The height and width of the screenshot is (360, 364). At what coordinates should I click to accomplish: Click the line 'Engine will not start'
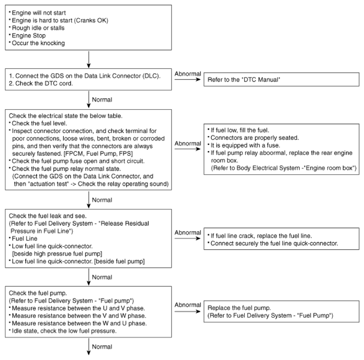pyautogui.click(x=39, y=13)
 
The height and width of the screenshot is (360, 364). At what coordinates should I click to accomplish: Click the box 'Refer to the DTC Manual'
pyautogui.click(x=281, y=80)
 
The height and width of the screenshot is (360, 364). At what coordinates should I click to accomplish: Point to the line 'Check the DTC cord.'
pyautogui.click(x=41, y=83)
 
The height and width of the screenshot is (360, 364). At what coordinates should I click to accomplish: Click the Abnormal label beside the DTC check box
pyautogui.click(x=188, y=74)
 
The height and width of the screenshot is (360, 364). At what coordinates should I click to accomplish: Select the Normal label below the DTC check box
pyautogui.click(x=102, y=100)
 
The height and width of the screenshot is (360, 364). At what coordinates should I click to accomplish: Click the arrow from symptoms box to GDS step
pyautogui.click(x=89, y=59)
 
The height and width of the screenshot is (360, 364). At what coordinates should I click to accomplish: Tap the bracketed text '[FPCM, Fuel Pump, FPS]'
pyautogui.click(x=98, y=153)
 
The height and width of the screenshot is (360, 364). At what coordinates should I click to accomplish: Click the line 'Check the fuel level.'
pyautogui.click(x=39, y=123)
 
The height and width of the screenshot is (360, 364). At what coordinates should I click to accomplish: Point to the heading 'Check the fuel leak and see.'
pyautogui.click(x=48, y=216)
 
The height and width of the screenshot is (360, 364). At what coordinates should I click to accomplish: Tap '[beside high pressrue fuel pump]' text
pyautogui.click(x=57, y=254)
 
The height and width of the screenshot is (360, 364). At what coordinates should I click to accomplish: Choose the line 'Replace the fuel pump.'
pyautogui.click(x=239, y=308)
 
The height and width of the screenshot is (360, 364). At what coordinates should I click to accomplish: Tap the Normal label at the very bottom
pyautogui.click(x=102, y=347)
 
